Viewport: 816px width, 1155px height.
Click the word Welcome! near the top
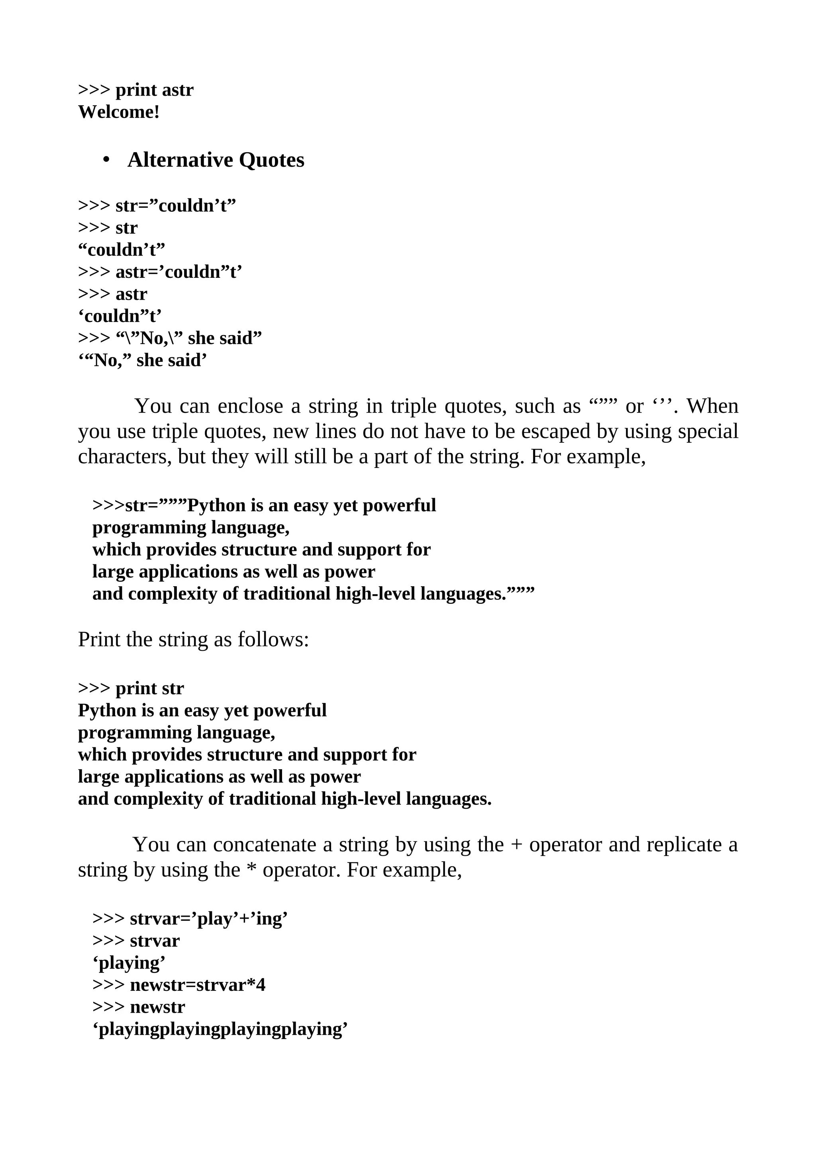[119, 112]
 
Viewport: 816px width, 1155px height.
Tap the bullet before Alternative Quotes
[106, 160]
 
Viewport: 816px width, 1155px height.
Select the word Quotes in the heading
[271, 160]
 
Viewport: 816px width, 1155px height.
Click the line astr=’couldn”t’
[179, 272]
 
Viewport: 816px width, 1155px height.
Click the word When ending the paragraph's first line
[712, 406]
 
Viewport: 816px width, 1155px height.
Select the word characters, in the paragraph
[124, 456]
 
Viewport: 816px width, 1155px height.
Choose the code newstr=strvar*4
[198, 984]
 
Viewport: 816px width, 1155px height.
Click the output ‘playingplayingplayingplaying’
[220, 1029]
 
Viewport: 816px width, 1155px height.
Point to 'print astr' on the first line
[154, 90]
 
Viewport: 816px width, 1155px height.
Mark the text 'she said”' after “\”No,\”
[225, 338]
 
